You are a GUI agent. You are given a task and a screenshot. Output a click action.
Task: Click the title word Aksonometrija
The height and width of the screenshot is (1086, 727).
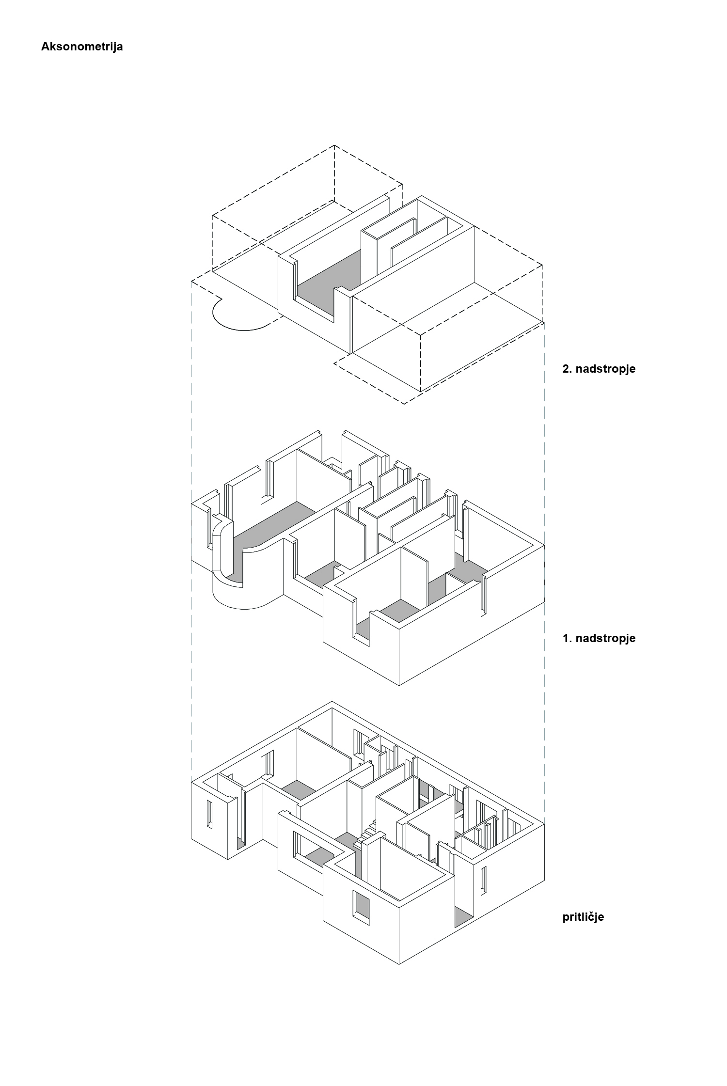coord(82,47)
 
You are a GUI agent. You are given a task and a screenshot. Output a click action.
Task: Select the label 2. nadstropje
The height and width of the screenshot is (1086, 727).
coord(599,369)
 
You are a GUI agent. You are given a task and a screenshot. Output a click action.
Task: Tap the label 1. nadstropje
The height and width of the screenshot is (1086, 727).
coord(599,638)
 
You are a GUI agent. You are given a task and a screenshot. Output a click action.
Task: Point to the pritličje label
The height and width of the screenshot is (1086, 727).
coord(583,917)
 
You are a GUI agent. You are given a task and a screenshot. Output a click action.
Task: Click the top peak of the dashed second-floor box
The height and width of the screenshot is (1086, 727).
coord(334,145)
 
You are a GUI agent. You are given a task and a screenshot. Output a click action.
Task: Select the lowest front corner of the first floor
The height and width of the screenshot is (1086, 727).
coord(399,685)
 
